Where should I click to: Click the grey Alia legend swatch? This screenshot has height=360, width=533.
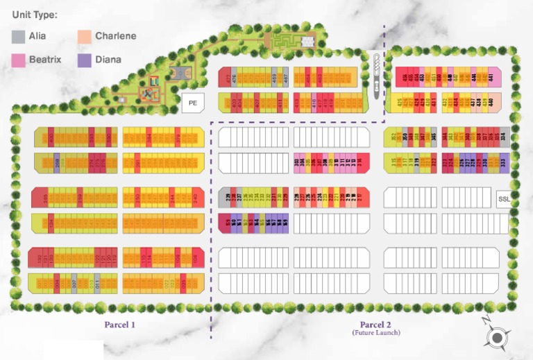coord(19,37)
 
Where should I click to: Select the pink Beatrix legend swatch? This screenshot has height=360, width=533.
coord(19,60)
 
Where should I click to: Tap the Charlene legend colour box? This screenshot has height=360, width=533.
coord(85,37)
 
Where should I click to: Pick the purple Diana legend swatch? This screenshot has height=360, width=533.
coord(85,60)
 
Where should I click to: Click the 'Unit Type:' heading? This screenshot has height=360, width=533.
coord(35,15)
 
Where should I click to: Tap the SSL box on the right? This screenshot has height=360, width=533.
coord(504,199)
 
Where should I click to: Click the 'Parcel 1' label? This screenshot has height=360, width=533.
coord(120,324)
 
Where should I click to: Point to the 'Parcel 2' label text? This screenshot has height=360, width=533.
coord(375,325)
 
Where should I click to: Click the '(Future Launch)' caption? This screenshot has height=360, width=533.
coord(375,333)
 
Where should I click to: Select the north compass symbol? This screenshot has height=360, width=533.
coord(496,337)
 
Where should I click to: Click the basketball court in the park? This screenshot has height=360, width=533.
coord(179,71)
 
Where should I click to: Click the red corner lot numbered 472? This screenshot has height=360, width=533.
coord(226,78)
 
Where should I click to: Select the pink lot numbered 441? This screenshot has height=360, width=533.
coord(495,78)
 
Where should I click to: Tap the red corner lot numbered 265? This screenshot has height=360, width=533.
coord(40,198)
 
